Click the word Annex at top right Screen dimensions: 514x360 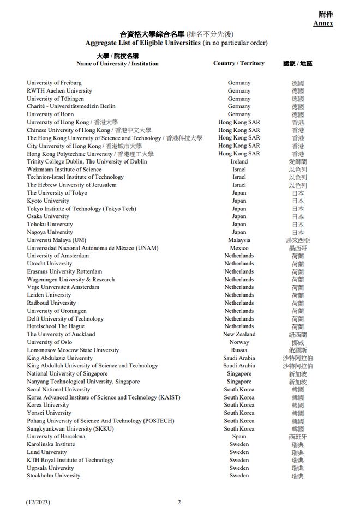click(323, 23)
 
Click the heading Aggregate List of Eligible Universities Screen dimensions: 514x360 click(143, 43)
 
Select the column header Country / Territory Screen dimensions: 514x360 click(238, 63)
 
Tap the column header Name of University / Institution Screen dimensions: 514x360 click(117, 64)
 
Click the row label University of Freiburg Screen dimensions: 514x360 click(54, 83)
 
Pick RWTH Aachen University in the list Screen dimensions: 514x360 click(59, 91)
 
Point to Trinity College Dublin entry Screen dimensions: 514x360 click(87, 162)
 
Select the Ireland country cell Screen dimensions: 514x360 click(239, 162)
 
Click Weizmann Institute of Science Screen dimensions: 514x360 click(64, 170)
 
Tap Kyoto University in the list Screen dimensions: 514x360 click(49, 201)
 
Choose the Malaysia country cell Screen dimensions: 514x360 click(239, 240)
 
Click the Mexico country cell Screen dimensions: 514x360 click(239, 248)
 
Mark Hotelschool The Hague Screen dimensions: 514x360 click(56, 326)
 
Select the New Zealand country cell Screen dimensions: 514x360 click(239, 335)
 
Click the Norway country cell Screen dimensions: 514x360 click(239, 342)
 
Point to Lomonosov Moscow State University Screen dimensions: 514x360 click(73, 350)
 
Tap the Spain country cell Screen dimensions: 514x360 click(239, 437)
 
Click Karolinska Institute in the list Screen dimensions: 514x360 click(51, 445)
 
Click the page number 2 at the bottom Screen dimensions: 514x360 click(179, 502)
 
